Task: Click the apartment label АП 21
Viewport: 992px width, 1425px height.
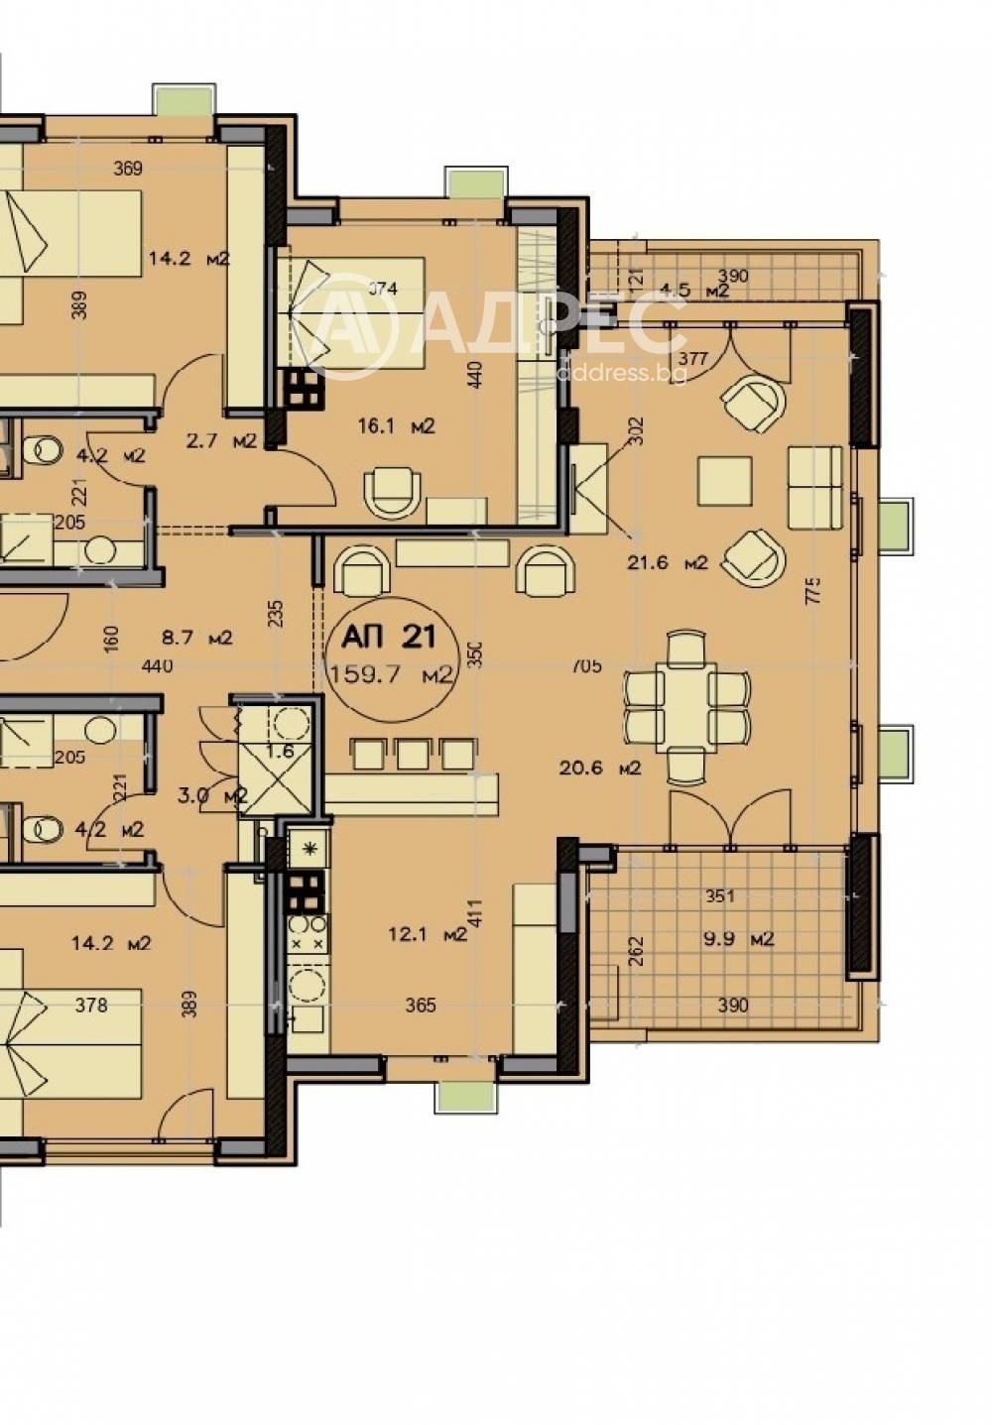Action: (x=388, y=635)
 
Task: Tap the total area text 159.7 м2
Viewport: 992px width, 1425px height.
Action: (x=391, y=675)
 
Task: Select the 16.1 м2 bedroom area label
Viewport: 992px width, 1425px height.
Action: (x=396, y=427)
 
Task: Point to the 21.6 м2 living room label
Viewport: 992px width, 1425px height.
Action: (x=667, y=563)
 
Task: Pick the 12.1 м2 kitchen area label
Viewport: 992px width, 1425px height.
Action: (x=427, y=934)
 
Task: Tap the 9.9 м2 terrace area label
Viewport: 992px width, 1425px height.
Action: (x=739, y=938)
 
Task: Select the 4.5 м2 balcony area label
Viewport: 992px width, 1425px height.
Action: (x=694, y=292)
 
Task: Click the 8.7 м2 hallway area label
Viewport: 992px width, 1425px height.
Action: (x=196, y=638)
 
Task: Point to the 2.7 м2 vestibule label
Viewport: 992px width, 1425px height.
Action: (x=221, y=440)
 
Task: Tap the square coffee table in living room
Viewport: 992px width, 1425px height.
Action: (x=724, y=481)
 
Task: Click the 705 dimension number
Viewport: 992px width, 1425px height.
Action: (x=586, y=666)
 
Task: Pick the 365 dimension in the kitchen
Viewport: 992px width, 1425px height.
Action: (x=421, y=1006)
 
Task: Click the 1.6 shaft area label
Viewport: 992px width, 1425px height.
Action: (x=281, y=751)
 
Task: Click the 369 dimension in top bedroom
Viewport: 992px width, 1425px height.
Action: (x=127, y=169)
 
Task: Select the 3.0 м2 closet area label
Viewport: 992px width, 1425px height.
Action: (x=212, y=795)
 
